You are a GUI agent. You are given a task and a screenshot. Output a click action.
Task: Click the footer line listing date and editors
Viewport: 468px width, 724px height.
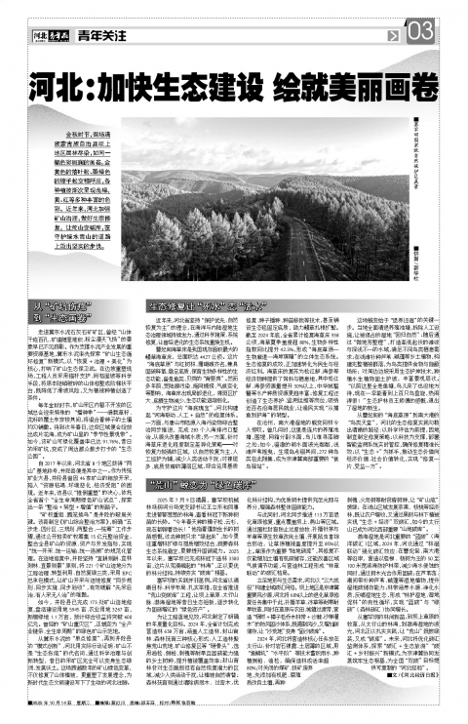point(195,711)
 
